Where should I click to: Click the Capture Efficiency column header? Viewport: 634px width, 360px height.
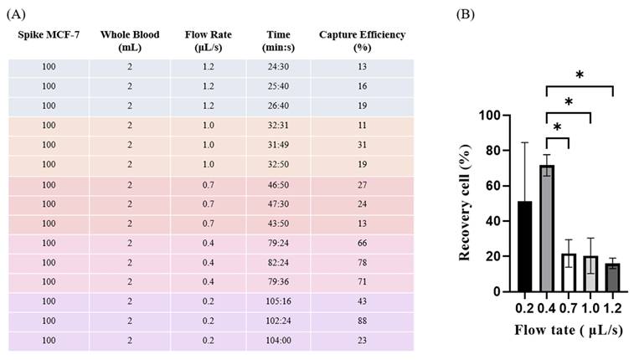362,41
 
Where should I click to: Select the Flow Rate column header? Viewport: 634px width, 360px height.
209,41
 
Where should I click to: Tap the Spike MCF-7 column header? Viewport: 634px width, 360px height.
49,35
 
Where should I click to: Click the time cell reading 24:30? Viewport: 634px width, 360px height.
278,67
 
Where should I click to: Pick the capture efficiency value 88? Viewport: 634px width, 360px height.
362,321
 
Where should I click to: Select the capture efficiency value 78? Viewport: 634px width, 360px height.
362,263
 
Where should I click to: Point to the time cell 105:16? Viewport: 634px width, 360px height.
278,301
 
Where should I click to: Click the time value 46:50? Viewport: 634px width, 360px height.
278,185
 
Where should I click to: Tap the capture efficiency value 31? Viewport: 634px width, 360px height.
362,145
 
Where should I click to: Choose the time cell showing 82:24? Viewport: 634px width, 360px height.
278,263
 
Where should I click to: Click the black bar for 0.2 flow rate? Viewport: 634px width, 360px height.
525,246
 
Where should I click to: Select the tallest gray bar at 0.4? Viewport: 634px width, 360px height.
547,229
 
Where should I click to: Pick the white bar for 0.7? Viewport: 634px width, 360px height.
569,273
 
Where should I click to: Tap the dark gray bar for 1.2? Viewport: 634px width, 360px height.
612,278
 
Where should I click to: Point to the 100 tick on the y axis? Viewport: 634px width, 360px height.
490,116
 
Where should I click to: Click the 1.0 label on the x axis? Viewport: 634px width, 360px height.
590,309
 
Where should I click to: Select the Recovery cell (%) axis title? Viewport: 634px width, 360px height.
465,202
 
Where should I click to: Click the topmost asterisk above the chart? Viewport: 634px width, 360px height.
580,75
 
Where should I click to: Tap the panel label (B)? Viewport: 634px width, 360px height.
465,14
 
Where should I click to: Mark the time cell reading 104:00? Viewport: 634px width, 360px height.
278,341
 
